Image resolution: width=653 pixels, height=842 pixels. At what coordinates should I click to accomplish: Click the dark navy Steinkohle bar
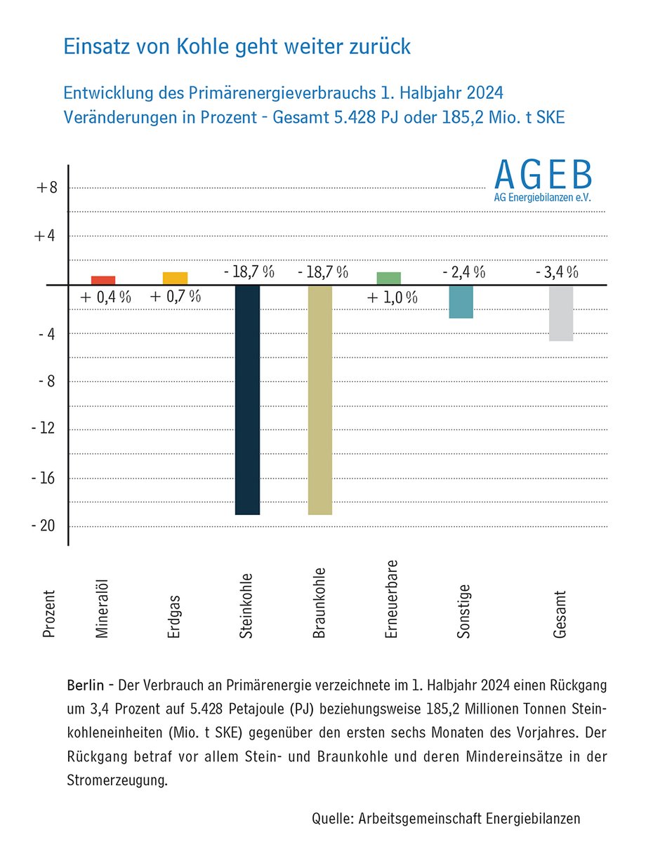pos(247,400)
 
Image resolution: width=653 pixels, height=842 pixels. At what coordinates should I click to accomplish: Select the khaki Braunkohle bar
pos(319,400)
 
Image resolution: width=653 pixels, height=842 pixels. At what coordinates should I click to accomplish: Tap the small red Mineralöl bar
pos(103,281)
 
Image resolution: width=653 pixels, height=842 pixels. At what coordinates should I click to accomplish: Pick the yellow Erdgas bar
pos(175,279)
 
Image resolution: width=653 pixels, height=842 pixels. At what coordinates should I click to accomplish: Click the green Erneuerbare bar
pos(388,279)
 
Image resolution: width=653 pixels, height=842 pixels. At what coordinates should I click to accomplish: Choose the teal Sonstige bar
pos(461,302)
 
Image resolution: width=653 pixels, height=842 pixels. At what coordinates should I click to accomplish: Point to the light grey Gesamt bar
pos(561,313)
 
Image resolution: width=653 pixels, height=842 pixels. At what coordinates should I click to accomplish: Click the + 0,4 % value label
pos(105,297)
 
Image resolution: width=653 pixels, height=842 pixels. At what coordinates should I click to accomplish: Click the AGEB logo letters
pos(542,175)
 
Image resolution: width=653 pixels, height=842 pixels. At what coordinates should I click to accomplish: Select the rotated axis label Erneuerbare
pos(392,599)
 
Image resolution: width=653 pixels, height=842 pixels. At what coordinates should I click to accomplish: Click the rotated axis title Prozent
pos(48,613)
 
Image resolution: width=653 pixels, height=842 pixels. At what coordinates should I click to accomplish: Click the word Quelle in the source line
pos(333,818)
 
